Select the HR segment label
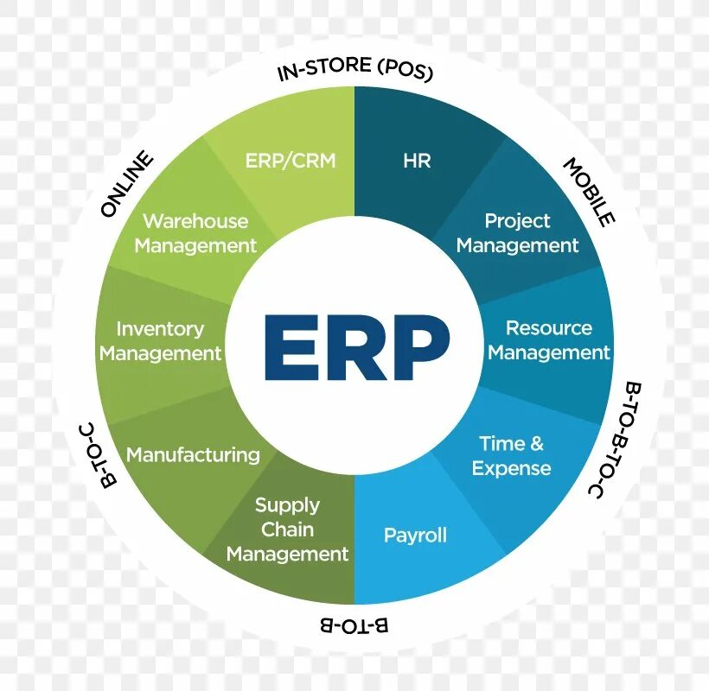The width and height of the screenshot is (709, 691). point(417,161)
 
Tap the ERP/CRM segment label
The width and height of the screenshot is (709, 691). point(291,161)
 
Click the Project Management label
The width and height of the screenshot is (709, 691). point(517,233)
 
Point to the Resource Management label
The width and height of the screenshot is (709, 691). point(548,340)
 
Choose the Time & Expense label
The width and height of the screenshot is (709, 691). point(511,456)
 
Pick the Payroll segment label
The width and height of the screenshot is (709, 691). point(415,536)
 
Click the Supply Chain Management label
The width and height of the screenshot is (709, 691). point(288,529)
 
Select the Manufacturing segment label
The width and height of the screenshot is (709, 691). point(193,454)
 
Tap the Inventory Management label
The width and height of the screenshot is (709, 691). point(161,341)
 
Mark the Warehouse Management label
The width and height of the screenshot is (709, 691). point(195,233)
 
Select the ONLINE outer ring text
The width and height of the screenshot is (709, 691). point(127,185)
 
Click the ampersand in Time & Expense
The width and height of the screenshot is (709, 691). point(537,444)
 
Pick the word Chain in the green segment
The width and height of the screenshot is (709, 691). point(288,529)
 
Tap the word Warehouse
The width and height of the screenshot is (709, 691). point(195,221)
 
